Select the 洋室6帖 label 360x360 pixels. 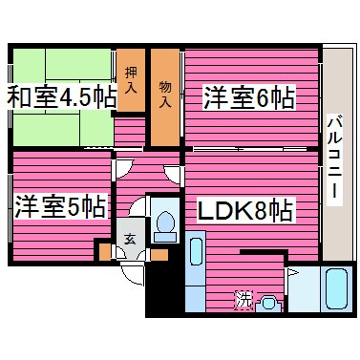point(246,97)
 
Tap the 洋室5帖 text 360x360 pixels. point(59,206)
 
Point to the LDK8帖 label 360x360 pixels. point(245,209)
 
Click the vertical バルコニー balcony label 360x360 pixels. point(334,158)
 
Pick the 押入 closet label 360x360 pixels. point(131,77)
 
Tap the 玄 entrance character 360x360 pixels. point(129,240)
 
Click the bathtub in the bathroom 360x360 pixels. point(336,288)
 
